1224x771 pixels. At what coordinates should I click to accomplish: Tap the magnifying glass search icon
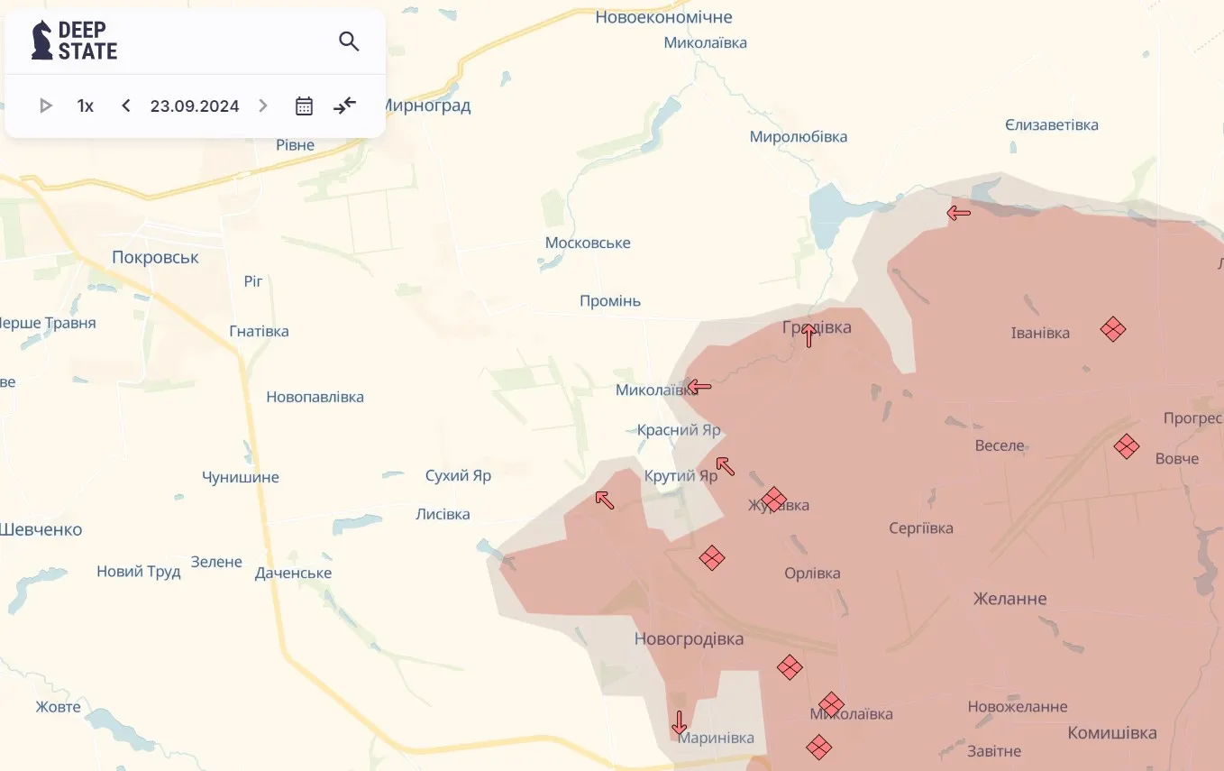(349, 41)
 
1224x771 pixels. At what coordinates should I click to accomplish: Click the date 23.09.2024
(195, 106)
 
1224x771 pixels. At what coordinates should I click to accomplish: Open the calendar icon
(305, 106)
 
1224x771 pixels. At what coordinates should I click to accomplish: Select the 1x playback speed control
(86, 106)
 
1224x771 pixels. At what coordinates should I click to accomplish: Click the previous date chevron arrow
(126, 106)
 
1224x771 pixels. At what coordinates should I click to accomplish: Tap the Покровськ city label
(155, 258)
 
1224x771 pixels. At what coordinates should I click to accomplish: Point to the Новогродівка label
(689, 639)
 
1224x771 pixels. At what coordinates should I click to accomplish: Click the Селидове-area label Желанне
(1009, 599)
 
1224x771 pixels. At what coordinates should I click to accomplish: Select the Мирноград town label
(426, 106)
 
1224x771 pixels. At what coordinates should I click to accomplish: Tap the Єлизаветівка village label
(1052, 125)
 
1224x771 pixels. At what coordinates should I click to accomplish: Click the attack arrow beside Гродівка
(809, 335)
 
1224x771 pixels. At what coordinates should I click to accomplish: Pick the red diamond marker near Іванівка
(1113, 329)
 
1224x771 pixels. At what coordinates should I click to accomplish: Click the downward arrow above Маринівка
(679, 722)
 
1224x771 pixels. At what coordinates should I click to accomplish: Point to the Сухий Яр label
(458, 475)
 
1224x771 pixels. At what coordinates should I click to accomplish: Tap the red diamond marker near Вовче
(1126, 446)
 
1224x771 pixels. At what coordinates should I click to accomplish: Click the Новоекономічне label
(663, 17)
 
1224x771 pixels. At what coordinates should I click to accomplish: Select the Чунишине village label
(241, 477)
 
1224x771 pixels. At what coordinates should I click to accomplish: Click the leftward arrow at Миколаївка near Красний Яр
(699, 388)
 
